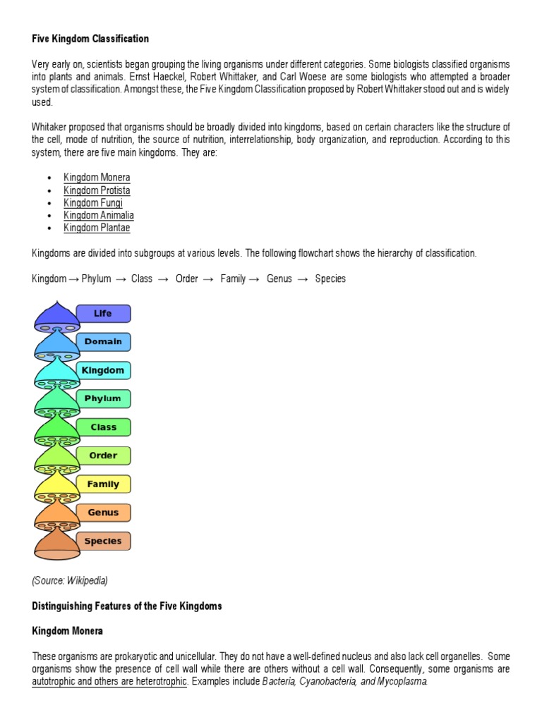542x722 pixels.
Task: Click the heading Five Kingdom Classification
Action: (90, 38)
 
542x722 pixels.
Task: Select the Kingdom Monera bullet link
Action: (97, 178)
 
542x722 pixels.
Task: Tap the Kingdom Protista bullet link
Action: (97, 190)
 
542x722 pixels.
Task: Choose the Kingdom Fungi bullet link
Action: (92, 203)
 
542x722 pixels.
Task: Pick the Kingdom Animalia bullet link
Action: (99, 216)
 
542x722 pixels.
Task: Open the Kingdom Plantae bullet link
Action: (97, 228)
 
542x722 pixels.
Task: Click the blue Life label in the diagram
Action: (103, 314)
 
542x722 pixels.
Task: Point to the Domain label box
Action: (103, 342)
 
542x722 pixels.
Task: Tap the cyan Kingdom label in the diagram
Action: (103, 371)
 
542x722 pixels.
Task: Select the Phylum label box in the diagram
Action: (103, 399)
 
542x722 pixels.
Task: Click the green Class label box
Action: (103, 427)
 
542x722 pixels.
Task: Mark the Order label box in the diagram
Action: (103, 455)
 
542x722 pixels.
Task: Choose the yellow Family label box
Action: (103, 484)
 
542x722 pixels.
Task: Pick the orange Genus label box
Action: (103, 513)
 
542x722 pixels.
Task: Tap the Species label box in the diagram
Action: (103, 541)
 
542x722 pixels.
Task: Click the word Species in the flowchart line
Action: (330, 279)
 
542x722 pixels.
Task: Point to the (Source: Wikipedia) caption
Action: (70, 581)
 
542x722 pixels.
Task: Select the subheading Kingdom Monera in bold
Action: (67, 631)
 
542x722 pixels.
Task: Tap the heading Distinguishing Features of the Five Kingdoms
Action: (127, 606)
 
